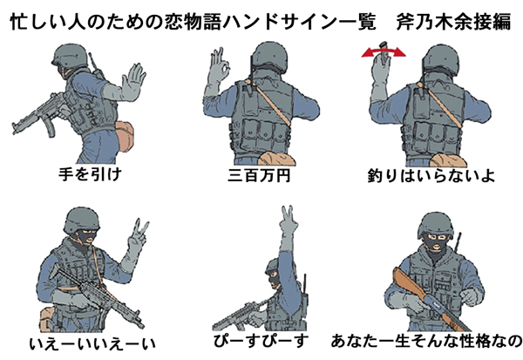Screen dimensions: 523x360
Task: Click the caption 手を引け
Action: tap(90, 174)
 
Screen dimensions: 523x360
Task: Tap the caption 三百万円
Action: tap(259, 175)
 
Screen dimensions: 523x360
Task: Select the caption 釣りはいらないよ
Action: tap(431, 175)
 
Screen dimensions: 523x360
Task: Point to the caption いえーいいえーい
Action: tap(92, 344)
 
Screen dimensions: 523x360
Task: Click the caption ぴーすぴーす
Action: tap(261, 341)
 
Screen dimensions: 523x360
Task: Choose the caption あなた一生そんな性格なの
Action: tap(426, 341)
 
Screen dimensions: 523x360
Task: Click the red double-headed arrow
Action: tap(384, 51)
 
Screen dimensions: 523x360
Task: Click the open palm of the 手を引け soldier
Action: tap(132, 82)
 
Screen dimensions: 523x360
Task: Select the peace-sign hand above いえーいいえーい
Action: tap(138, 238)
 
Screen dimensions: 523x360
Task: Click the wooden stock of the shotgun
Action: tap(409, 283)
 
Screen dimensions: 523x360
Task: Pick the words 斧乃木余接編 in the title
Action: tap(453, 22)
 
